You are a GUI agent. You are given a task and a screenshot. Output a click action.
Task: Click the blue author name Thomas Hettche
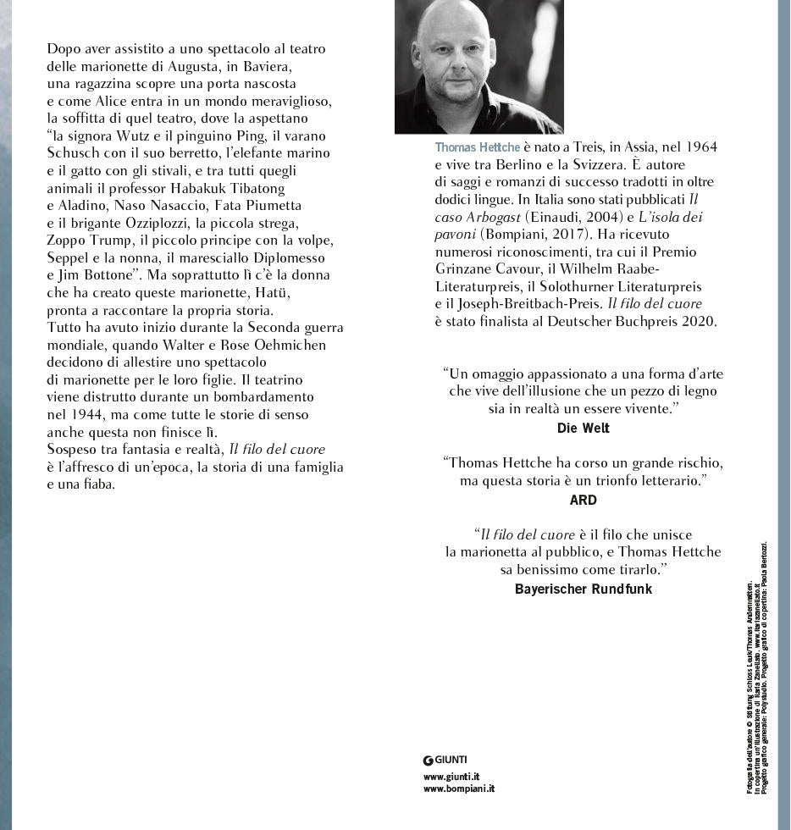[477, 147]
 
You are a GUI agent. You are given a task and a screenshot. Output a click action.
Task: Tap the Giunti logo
[445, 760]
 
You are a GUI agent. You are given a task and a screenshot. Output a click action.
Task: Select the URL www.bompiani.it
[459, 788]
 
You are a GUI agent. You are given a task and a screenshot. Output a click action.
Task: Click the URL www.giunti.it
[451, 776]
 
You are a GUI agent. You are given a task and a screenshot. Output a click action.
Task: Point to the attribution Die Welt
[583, 428]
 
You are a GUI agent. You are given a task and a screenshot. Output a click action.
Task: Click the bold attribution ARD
[583, 500]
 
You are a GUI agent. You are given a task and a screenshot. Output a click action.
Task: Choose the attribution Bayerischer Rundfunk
[583, 589]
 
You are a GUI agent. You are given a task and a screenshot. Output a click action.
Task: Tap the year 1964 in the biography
[700, 147]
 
